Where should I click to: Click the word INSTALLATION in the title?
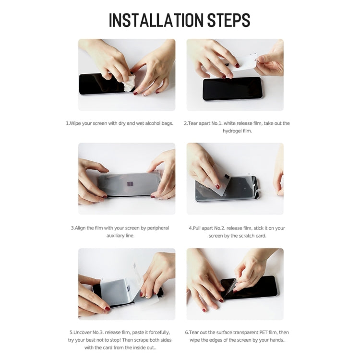pyautogui.click(x=156, y=20)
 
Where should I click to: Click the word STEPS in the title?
pyautogui.click(x=228, y=20)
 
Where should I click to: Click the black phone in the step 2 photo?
pyautogui.click(x=232, y=89)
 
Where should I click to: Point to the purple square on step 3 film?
pyautogui.click(x=130, y=184)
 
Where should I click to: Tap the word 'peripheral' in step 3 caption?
pyautogui.click(x=158, y=228)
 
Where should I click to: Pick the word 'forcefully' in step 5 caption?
pyautogui.click(x=159, y=333)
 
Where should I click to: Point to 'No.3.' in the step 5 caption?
pyautogui.click(x=98, y=333)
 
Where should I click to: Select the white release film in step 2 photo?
pyautogui.click(x=244, y=62)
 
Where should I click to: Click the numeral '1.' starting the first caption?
pyautogui.click(x=68, y=123)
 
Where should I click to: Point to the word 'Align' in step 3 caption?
pyautogui.click(x=80, y=228)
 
